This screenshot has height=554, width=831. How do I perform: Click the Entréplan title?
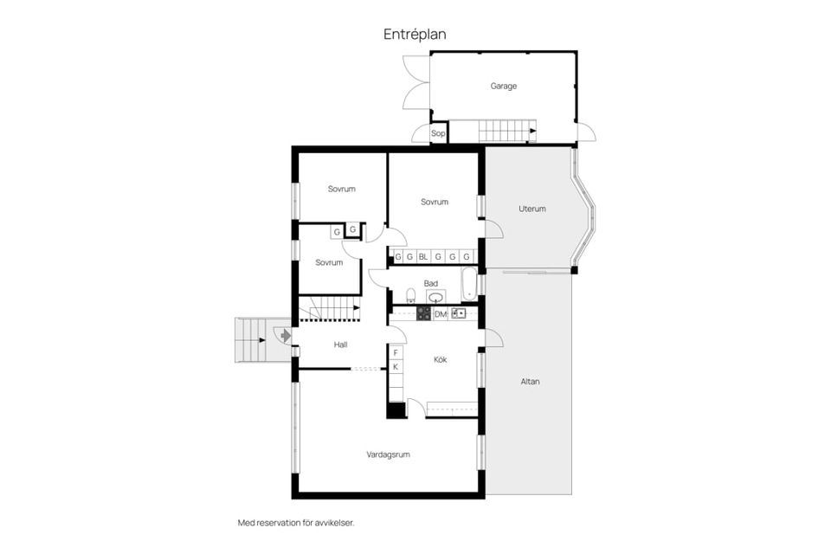pos(415,35)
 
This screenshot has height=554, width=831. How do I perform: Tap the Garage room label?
pos(504,86)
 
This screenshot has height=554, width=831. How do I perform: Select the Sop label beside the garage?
pos(438,133)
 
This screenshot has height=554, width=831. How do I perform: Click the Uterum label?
pos(532,209)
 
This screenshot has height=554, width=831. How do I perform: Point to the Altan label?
pos(530,381)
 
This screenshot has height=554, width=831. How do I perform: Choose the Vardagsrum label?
pos(389,454)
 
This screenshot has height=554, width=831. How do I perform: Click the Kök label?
pos(441,359)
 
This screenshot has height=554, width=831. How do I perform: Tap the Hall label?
pos(341,345)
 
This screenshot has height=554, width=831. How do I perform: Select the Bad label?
pos(431,284)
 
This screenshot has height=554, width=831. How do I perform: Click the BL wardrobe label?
pos(423,257)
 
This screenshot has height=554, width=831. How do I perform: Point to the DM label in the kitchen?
pos(441,314)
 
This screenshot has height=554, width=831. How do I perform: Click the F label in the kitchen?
pos(396,352)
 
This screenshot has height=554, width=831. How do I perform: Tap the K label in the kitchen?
pos(396,367)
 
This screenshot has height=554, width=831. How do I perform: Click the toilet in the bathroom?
pos(410,296)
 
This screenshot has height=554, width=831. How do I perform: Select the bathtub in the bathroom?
pos(468,283)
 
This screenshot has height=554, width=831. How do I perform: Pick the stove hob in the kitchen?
pos(424,313)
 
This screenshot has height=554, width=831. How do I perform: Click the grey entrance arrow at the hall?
pos(286,336)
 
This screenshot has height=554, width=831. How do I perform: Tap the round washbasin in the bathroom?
pos(435,297)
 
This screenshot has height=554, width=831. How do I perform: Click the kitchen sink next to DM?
pos(459,313)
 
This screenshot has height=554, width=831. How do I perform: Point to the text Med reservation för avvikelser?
pos(296,523)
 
